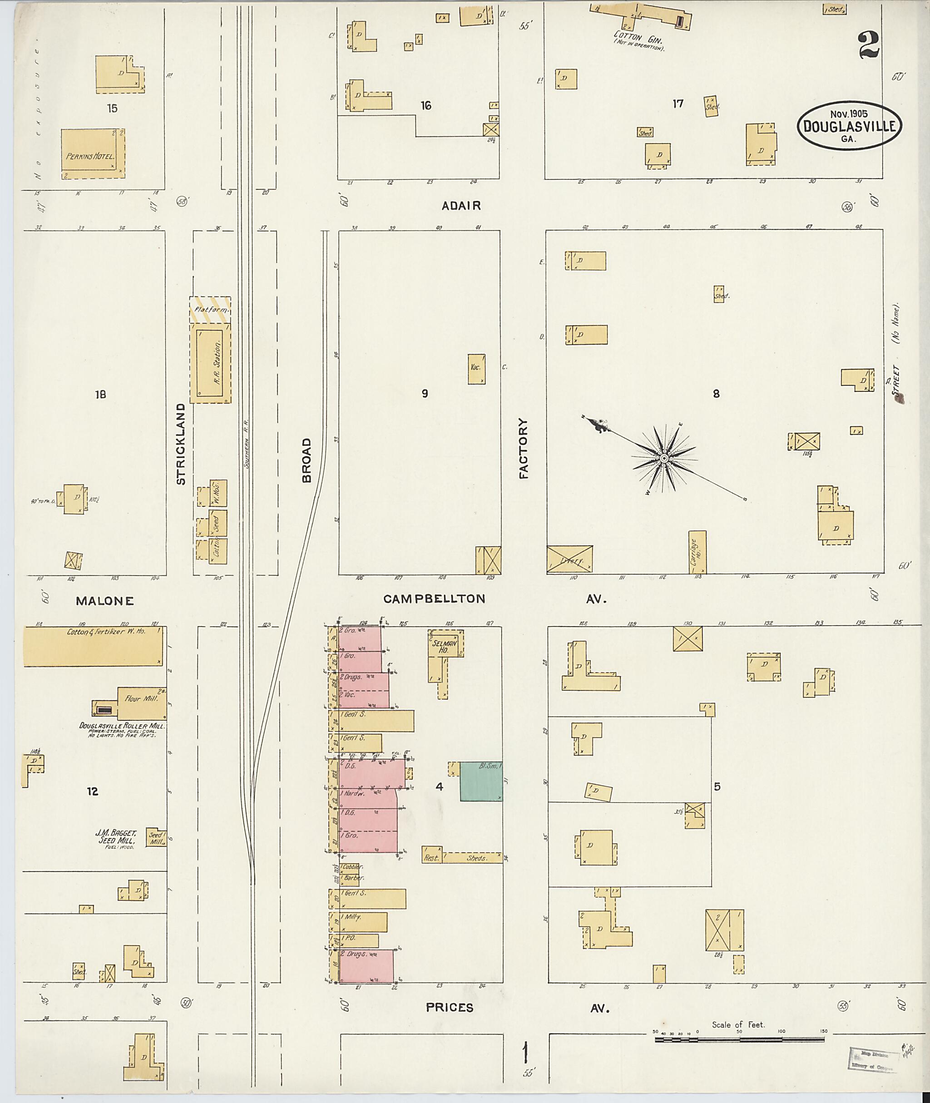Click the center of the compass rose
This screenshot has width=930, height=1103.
pos(665,459)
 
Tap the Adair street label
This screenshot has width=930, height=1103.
pos(461,206)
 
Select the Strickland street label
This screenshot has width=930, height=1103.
pos(181,444)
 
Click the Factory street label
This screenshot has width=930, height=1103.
pos(524,448)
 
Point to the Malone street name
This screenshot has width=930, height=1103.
pos(105,600)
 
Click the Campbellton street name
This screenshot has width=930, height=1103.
pos(434,598)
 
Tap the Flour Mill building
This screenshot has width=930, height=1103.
pos(141,703)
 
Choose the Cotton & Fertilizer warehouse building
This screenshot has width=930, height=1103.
pos(93,646)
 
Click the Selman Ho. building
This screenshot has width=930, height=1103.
pos(445,644)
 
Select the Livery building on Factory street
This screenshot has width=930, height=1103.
pos(569,559)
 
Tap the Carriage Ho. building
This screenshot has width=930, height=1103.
pos(697,552)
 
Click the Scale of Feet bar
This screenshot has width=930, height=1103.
pos(739,1040)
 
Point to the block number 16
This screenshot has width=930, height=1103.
pos(426,106)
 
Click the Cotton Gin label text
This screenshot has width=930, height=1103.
pos(638,39)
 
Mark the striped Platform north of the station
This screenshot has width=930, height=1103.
pos(210,310)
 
